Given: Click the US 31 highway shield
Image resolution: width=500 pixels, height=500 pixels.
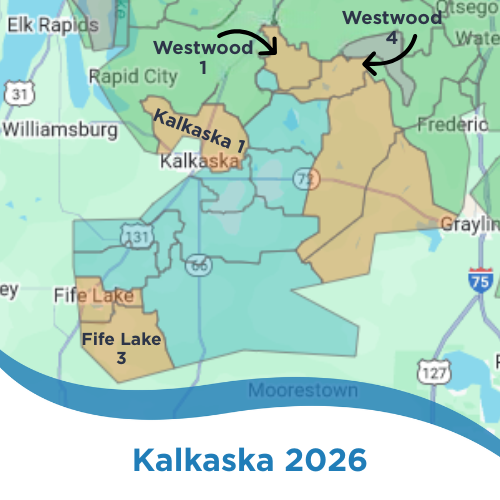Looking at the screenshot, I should [19, 93].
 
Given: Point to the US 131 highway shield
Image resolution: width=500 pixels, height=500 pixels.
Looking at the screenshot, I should [137, 236].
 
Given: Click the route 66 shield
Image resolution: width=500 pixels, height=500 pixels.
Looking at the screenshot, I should [198, 265].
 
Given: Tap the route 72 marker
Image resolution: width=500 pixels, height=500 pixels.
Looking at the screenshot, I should [304, 178].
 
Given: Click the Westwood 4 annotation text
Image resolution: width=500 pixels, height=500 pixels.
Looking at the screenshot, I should [391, 27].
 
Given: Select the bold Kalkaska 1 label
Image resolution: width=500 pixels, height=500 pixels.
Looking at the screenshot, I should [200, 131].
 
